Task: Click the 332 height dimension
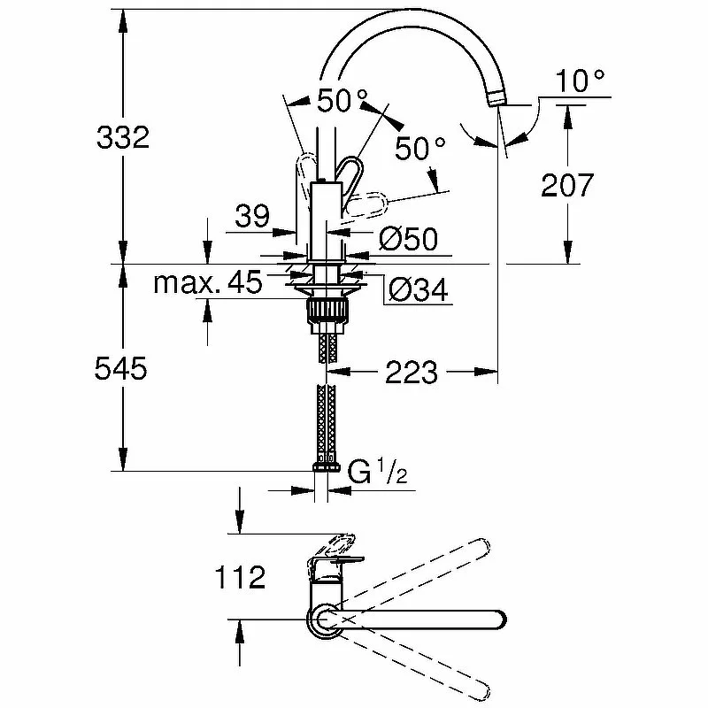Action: pos(122,139)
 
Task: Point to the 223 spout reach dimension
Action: pos(411,373)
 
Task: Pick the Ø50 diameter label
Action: pos(408,238)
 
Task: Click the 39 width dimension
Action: pos(252,218)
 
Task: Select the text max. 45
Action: pos(208,283)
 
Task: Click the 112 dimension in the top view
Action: pos(240,579)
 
